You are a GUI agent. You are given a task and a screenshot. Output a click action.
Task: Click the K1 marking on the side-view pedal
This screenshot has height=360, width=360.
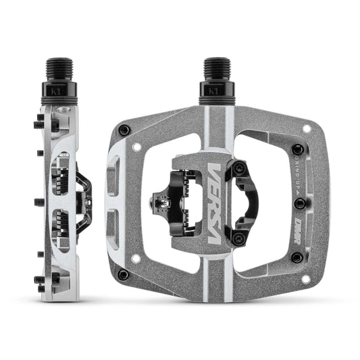pos(55,89)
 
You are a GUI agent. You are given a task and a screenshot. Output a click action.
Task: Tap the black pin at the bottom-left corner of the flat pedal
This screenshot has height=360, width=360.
pos(122,274)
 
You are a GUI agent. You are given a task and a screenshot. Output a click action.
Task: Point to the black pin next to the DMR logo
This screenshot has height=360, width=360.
pos(297,257)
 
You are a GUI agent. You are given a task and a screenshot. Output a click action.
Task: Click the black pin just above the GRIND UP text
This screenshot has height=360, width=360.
pos(296,149)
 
